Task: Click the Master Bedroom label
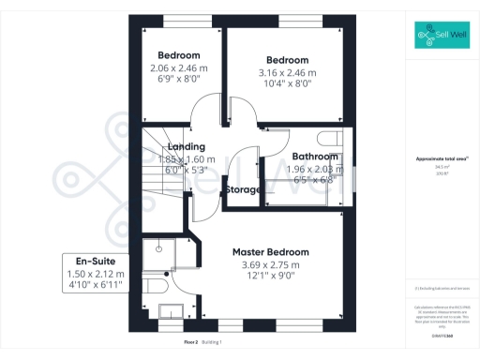point(270,252)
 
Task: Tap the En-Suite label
point(95,261)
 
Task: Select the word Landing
point(186,147)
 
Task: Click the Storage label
point(242,190)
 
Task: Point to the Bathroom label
point(315,157)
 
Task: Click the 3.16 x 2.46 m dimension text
point(287,72)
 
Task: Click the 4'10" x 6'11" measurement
point(95,286)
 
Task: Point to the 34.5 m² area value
point(442,168)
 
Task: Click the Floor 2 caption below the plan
point(191,343)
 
